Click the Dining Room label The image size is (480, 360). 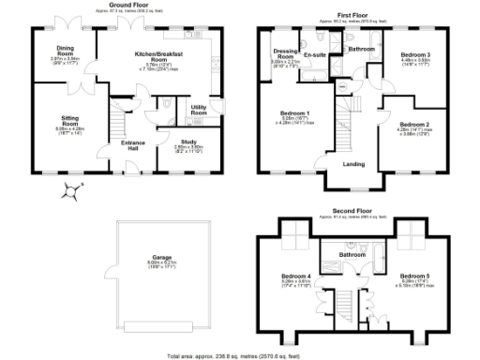coord(65,50)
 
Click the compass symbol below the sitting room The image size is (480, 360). coord(70,191)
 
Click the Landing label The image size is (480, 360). coord(354,165)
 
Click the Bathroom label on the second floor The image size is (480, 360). coord(352,254)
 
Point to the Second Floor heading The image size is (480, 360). coord(352,211)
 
